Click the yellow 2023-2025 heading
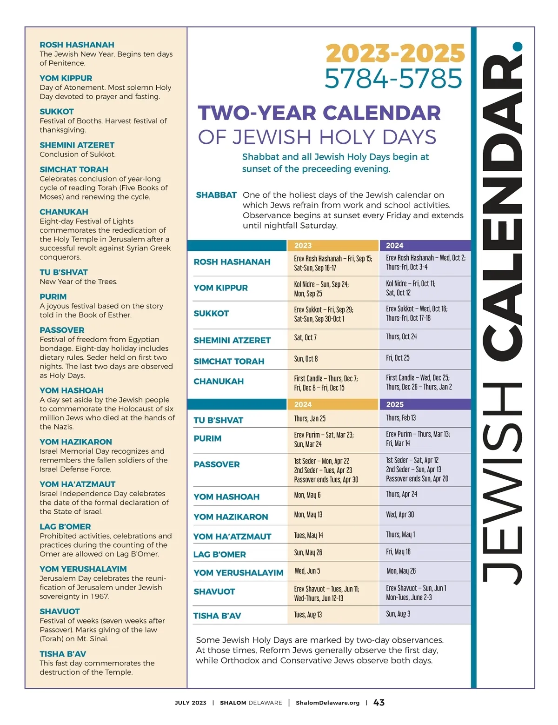point(395,54)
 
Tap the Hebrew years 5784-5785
point(393,79)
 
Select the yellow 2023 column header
point(303,245)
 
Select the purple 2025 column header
point(395,404)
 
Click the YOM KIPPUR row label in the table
point(220,288)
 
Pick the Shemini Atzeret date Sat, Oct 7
point(305,337)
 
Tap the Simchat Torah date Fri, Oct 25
point(398,358)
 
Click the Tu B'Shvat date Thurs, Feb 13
point(401,417)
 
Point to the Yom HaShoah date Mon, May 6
point(307,495)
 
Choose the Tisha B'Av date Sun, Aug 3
point(398,614)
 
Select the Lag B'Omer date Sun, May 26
point(308,552)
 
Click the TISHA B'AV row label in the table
point(217,616)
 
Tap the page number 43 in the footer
point(379,703)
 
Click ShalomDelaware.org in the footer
point(327,703)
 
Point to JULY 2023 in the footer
point(190,703)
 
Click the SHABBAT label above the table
point(216,195)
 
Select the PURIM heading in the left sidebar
point(53,296)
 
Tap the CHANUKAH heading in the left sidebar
point(64,212)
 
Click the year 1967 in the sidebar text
point(99,596)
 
